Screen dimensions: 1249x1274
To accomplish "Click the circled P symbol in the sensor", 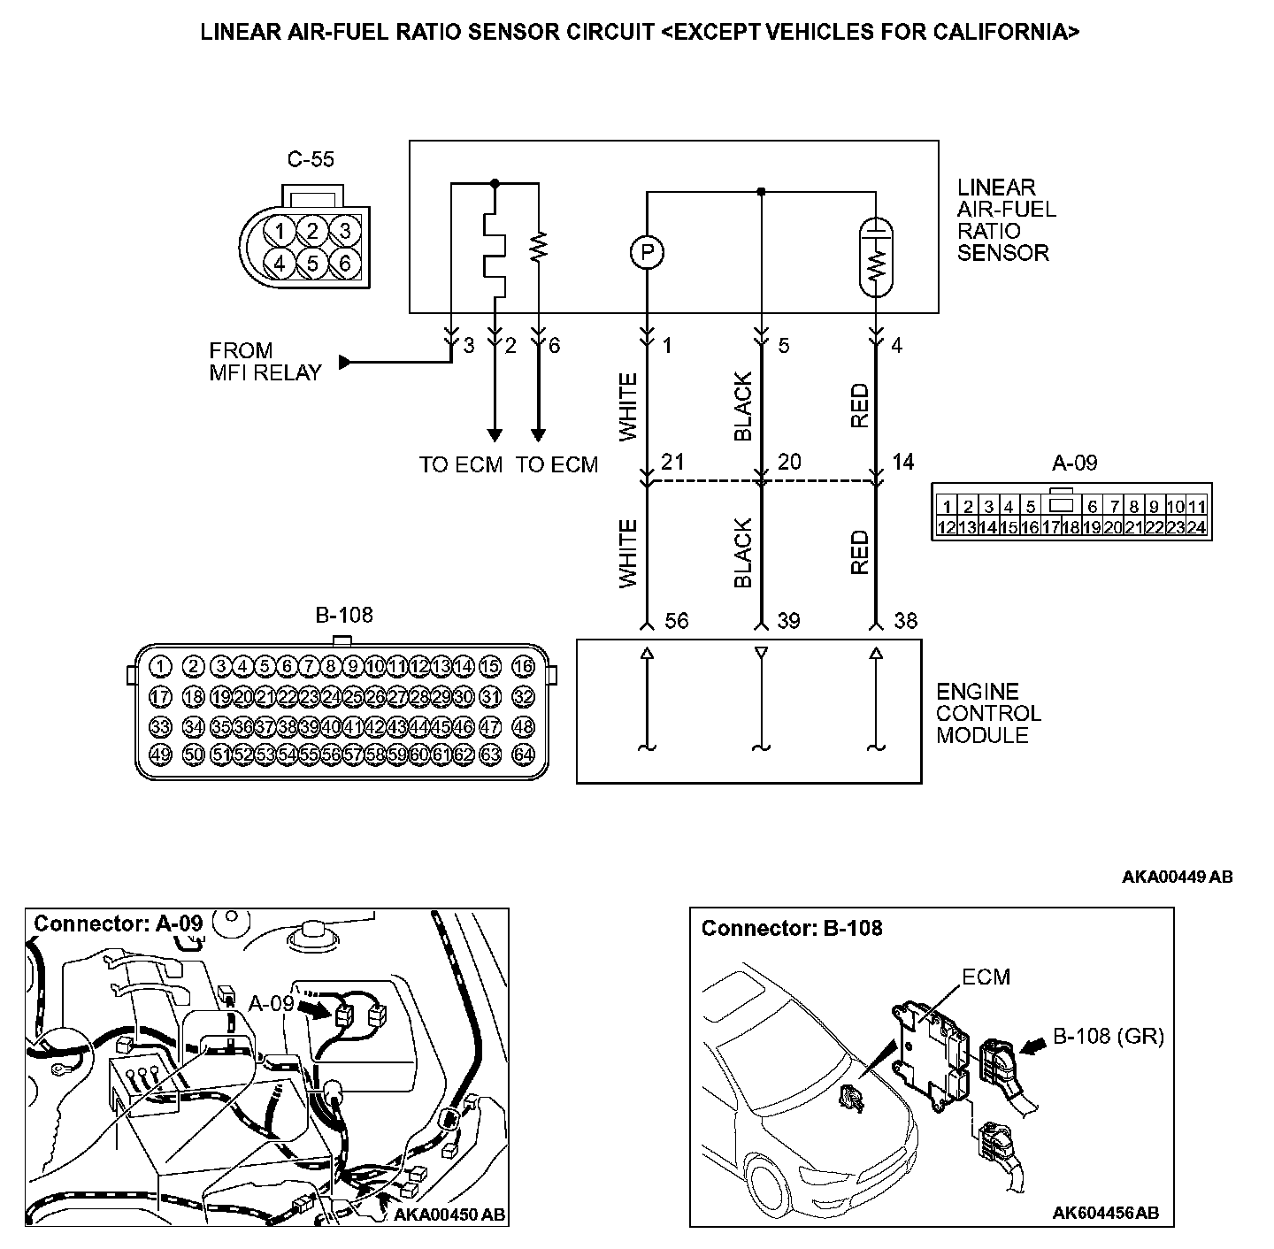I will tap(647, 253).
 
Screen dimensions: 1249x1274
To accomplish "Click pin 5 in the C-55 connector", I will tap(312, 263).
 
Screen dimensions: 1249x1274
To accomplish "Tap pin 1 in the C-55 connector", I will tap(280, 232).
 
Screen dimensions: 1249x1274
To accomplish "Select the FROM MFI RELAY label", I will tap(265, 362).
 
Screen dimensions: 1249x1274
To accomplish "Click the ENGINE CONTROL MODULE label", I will tap(988, 713).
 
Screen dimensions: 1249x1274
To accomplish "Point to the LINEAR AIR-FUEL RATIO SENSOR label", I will tap(1006, 220).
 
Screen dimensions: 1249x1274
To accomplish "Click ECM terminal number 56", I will tap(676, 621).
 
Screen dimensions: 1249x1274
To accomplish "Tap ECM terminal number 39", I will tap(787, 621).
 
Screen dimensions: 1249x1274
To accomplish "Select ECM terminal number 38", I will tap(905, 621).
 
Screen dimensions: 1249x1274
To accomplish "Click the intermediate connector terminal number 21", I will tap(672, 462).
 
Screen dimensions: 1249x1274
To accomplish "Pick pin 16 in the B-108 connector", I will tap(524, 667).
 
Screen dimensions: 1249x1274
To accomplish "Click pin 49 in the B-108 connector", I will tap(160, 755).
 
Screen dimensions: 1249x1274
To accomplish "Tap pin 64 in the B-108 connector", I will tap(524, 755).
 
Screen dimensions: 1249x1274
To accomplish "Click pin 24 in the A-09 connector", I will tap(1196, 528).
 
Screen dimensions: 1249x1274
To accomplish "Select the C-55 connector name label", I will tap(311, 160).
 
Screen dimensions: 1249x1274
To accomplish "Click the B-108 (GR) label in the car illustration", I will tap(1108, 1036).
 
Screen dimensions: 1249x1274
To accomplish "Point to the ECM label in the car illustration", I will tap(986, 977).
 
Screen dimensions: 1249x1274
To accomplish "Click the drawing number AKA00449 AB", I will tap(1177, 877).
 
